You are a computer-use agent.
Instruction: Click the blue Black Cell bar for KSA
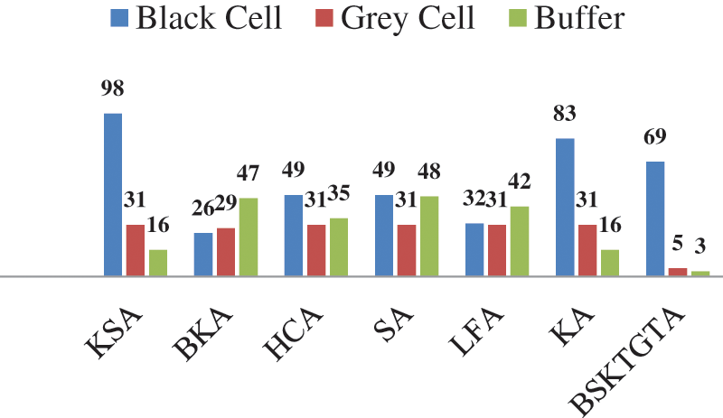(113, 194)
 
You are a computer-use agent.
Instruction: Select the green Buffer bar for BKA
(249, 237)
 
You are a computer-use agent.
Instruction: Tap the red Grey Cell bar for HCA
(316, 250)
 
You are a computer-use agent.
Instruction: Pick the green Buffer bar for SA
(429, 236)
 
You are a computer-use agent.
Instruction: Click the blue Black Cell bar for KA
(565, 207)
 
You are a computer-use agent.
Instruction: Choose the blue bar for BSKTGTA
(655, 218)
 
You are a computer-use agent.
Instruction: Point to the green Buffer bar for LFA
(520, 241)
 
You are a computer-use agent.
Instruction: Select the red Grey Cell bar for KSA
(136, 250)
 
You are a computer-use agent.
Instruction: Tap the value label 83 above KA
(565, 115)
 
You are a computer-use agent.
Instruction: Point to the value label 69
(655, 138)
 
